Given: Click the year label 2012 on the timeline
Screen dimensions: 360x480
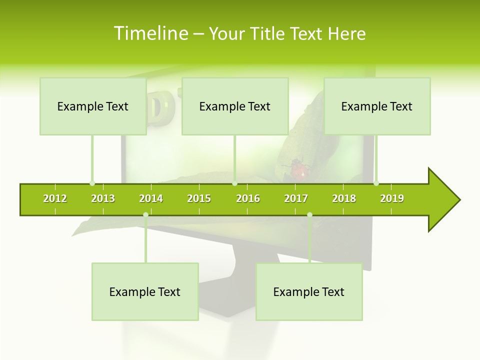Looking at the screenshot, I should (x=55, y=198).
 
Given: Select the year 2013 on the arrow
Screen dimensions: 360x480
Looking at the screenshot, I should (x=103, y=198).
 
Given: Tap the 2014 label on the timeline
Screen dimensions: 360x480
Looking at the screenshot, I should (x=151, y=198).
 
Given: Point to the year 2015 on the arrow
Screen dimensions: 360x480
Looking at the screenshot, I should (x=199, y=198).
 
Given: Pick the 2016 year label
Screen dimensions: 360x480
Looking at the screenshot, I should (x=248, y=198).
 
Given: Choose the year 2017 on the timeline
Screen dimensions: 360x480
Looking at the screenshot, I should (x=296, y=198).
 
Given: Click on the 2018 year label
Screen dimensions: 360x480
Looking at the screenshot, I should (x=344, y=198).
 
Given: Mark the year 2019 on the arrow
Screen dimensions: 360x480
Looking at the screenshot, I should (x=392, y=198).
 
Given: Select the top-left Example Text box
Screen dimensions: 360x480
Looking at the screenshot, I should (x=93, y=106).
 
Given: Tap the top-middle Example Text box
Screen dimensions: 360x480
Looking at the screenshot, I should (x=235, y=106).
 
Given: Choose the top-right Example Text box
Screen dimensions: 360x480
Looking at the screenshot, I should (x=377, y=106).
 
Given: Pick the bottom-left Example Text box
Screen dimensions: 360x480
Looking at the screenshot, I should (x=145, y=292).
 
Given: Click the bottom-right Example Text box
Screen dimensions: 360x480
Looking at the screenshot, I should (x=309, y=292).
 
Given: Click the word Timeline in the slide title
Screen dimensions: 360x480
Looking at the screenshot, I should (x=150, y=33).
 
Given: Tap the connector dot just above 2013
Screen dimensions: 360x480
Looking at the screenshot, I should (x=92, y=183).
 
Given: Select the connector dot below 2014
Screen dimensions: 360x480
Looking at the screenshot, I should (x=145, y=215).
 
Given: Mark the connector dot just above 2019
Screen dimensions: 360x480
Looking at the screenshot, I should (x=376, y=183).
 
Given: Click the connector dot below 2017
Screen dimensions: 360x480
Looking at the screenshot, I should (x=309, y=215).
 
